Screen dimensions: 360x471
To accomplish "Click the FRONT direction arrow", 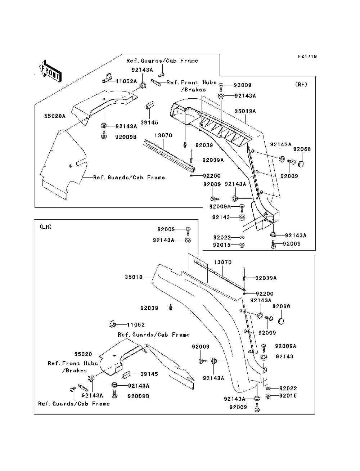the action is [50, 71].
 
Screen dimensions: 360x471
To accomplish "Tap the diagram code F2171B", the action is [307, 57].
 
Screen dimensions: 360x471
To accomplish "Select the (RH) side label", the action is [301, 85].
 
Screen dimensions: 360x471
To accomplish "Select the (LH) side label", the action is [46, 227].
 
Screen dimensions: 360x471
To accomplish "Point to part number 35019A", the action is [245, 111].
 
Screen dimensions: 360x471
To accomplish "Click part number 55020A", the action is [55, 116].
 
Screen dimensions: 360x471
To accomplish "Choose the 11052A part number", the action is [126, 81].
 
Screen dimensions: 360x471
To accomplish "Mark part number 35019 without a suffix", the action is [134, 277].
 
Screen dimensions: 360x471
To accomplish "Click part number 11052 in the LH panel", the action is [136, 325].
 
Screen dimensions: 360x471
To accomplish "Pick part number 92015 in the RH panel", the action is [222, 245].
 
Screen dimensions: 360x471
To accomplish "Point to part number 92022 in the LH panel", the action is [288, 389].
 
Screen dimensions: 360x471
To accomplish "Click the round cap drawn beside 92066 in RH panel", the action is [301, 164].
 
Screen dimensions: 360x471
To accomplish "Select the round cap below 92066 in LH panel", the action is [281, 321].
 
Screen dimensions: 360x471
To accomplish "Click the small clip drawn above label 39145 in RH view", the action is [149, 105].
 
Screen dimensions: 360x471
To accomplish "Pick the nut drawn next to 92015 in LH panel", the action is [268, 396].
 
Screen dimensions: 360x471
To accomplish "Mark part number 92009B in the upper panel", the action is [126, 137].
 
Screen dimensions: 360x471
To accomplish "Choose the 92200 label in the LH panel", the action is [265, 293].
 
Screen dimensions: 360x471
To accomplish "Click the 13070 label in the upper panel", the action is [163, 135].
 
